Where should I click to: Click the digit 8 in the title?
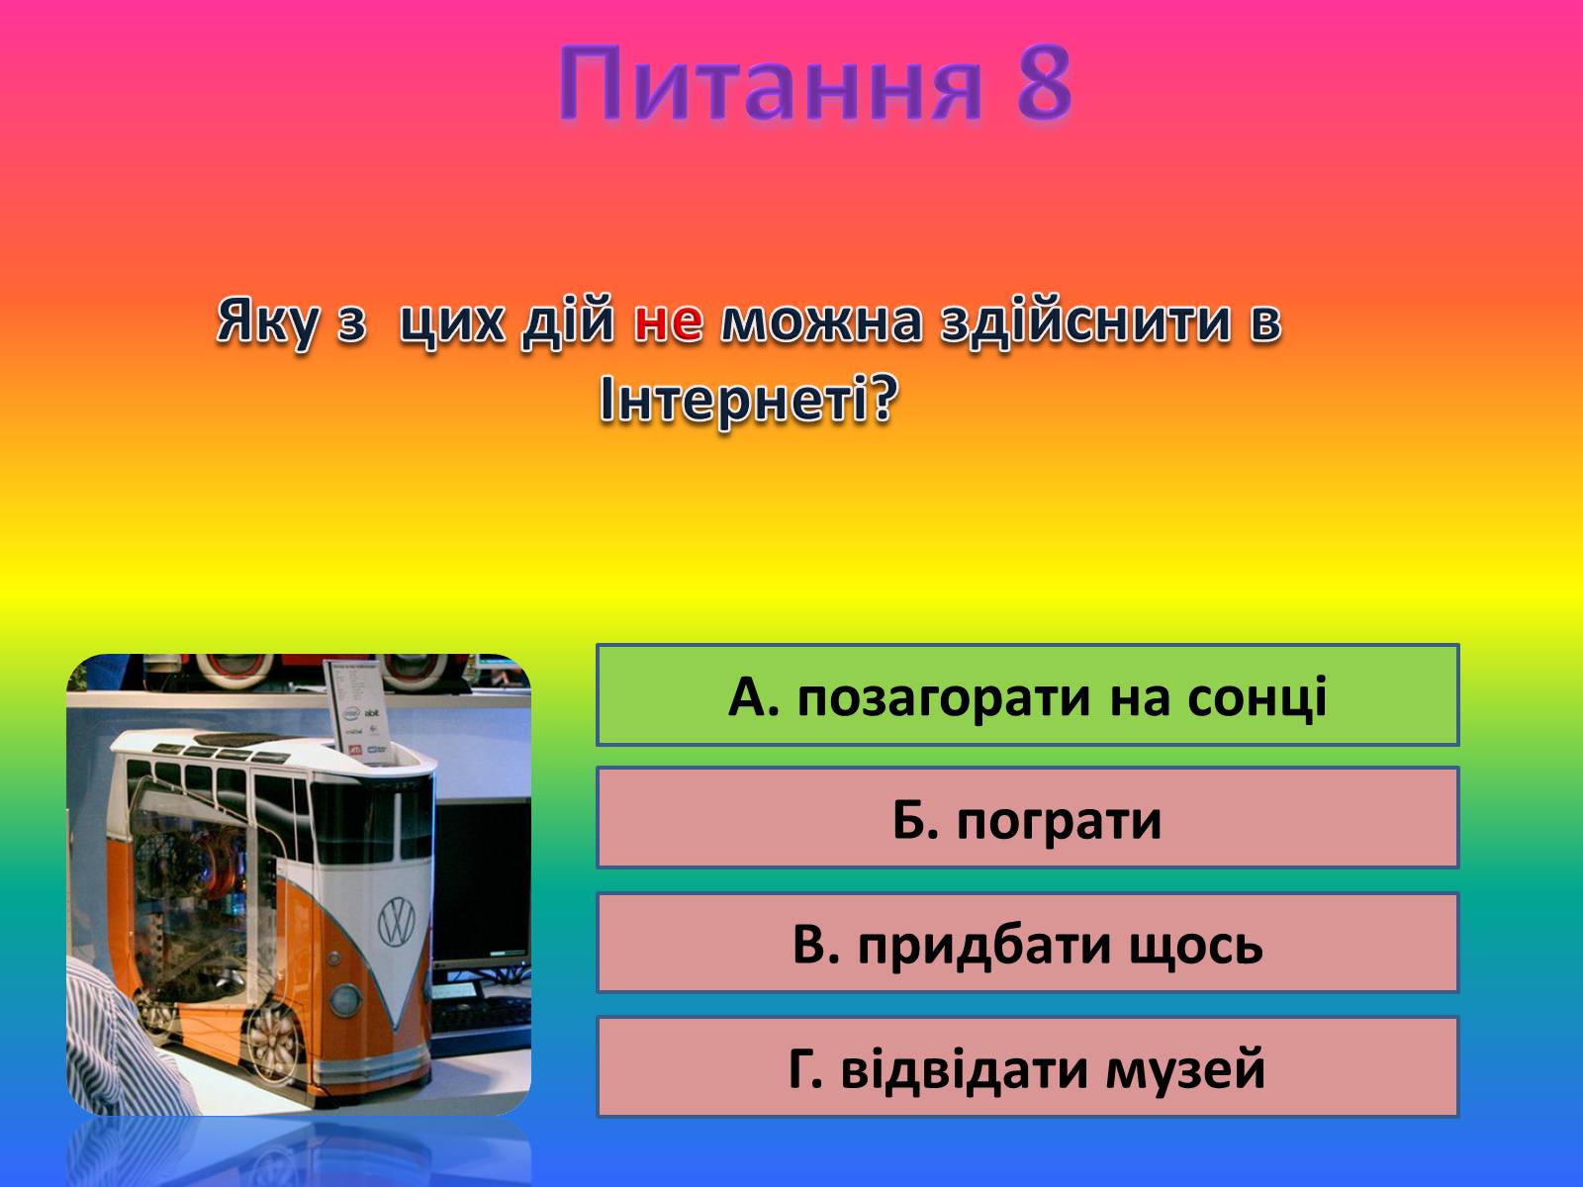(1044, 81)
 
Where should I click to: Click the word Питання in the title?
(770, 81)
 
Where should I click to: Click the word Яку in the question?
(267, 322)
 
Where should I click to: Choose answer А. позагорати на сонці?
(1027, 694)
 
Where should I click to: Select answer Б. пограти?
(1027, 817)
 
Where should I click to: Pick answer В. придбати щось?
(1027, 943)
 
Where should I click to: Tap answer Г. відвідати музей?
(1027, 1066)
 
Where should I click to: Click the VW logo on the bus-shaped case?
(396, 922)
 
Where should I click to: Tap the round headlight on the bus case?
(344, 1000)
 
